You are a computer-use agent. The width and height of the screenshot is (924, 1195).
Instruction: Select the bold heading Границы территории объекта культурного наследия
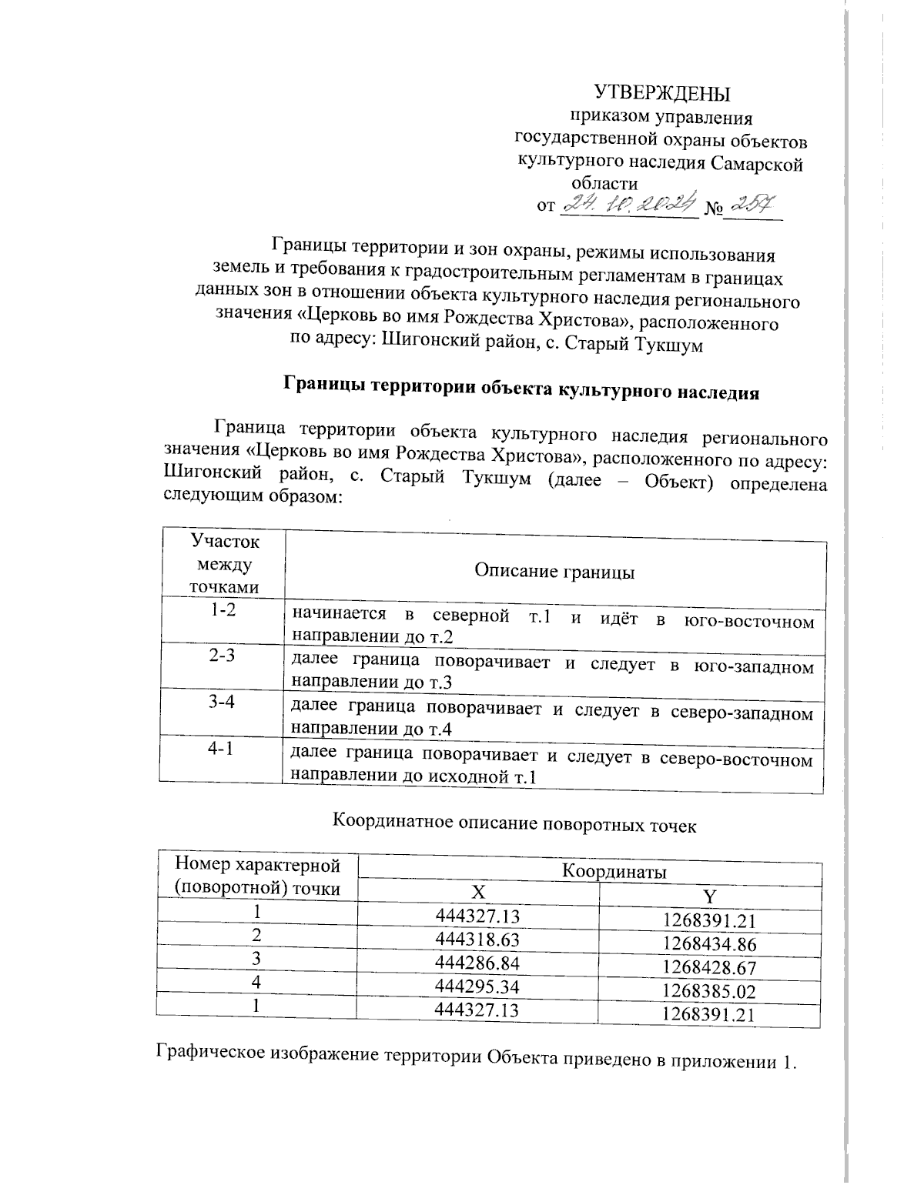(521, 388)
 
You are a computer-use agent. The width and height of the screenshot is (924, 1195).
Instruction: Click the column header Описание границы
(554, 572)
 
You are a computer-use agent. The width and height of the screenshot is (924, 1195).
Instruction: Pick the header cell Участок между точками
(224, 564)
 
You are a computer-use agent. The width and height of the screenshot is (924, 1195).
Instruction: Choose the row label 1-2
(223, 613)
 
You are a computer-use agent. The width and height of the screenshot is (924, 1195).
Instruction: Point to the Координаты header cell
(613, 872)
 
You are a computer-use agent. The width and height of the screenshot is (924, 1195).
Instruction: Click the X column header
(478, 893)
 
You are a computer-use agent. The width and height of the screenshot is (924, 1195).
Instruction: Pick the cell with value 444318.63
(477, 940)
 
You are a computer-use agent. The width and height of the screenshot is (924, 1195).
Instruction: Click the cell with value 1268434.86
(709, 944)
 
